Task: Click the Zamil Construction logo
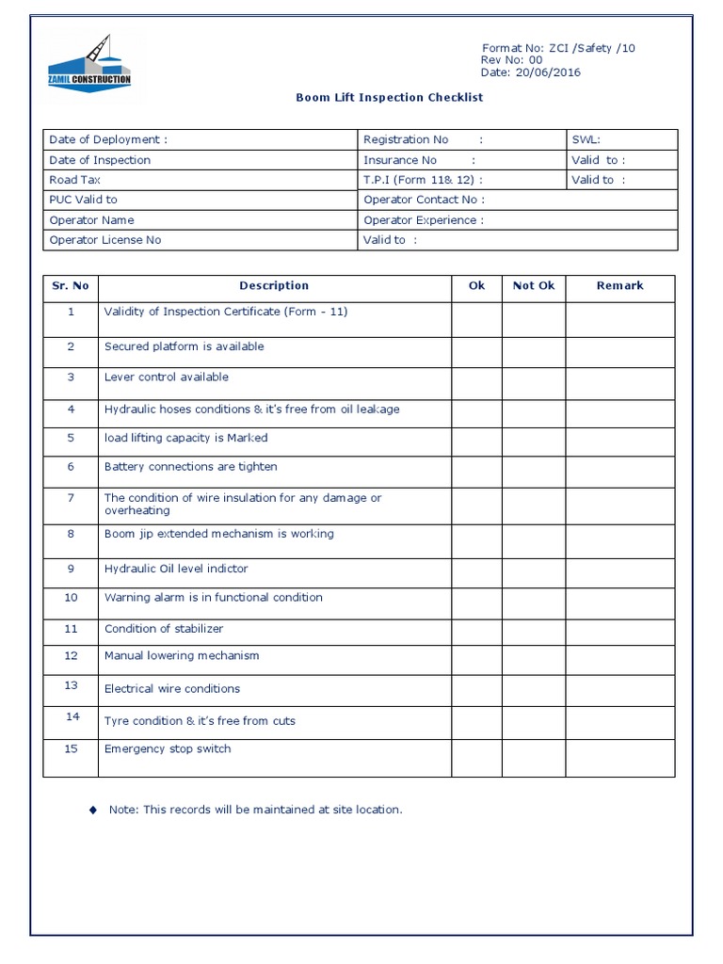(x=89, y=64)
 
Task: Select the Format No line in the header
(x=558, y=48)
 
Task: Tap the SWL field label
(x=586, y=139)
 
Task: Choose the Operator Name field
(x=93, y=219)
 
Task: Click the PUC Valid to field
(x=83, y=200)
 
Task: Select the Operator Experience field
(x=424, y=219)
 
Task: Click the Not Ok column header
(x=533, y=285)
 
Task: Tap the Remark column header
(x=619, y=285)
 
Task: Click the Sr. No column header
(x=71, y=285)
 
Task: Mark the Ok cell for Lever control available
(x=476, y=382)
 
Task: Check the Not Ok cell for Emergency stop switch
(x=533, y=758)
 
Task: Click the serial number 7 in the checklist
(x=71, y=498)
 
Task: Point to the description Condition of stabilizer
(x=164, y=629)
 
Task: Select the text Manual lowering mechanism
(x=182, y=656)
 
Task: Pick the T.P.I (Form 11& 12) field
(x=423, y=180)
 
